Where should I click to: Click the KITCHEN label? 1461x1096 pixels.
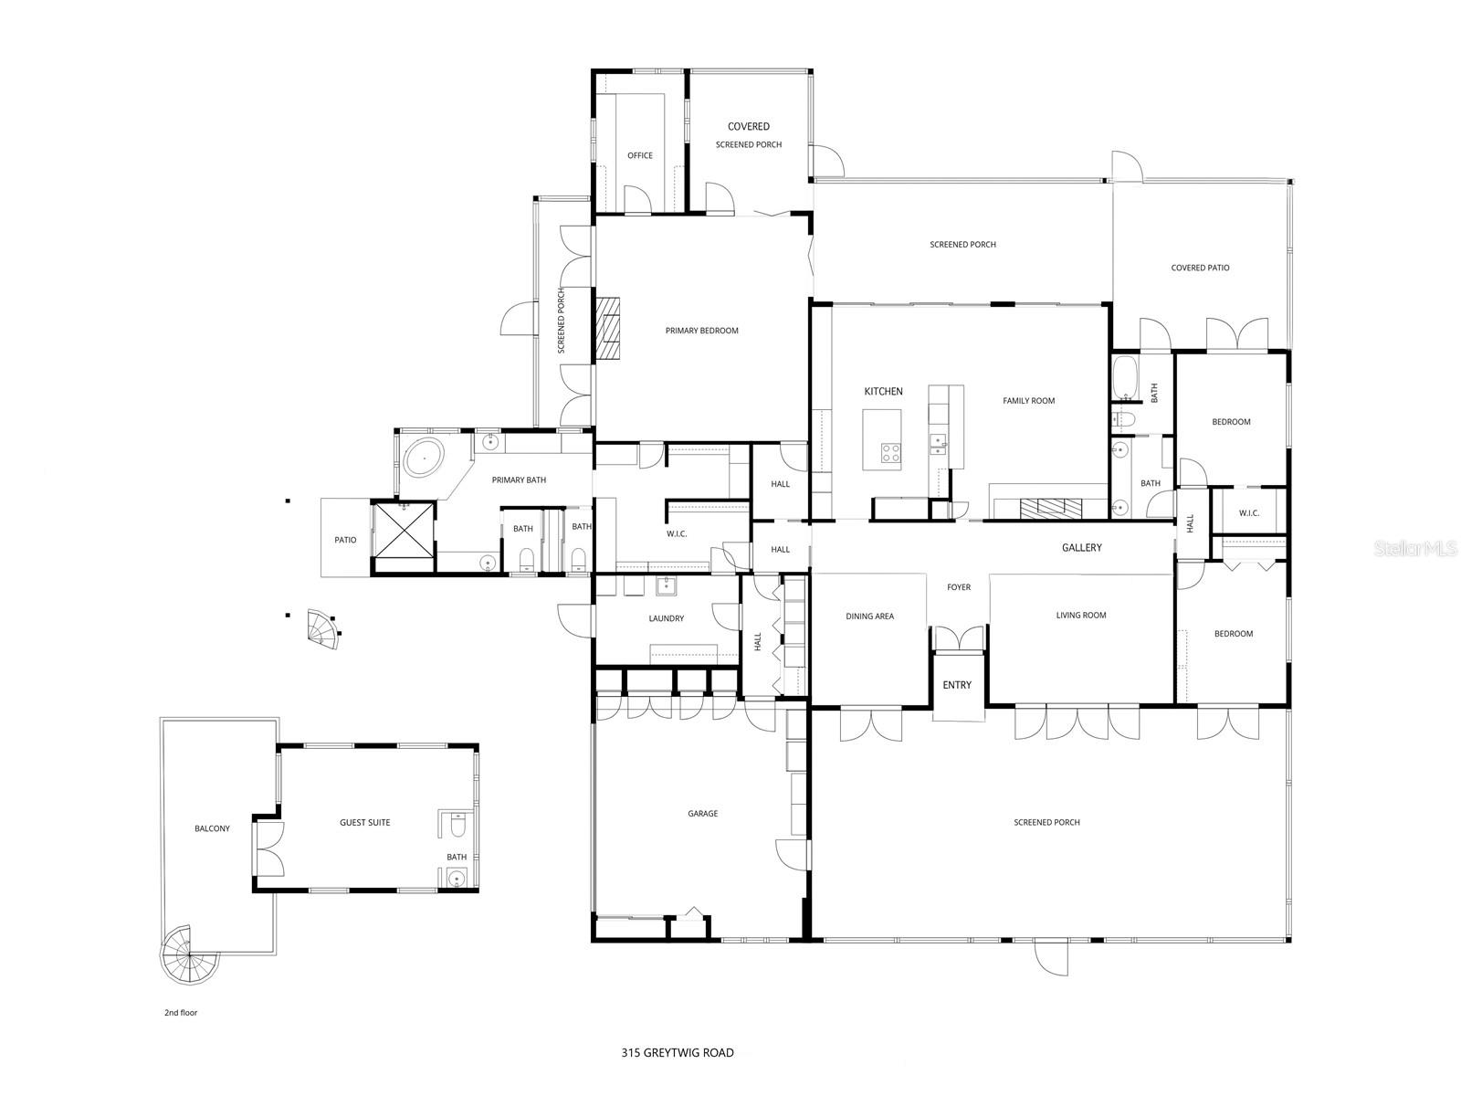(883, 391)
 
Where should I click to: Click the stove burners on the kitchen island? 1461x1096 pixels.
(890, 451)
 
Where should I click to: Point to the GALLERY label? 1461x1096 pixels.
(1081, 548)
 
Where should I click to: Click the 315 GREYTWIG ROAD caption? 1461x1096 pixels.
(677, 1053)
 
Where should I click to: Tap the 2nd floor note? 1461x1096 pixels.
(181, 1013)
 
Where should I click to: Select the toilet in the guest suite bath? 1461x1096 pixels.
(458, 827)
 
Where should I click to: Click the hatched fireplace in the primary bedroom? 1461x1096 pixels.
(607, 331)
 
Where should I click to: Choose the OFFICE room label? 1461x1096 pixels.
(640, 155)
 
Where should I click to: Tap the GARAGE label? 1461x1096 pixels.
(703, 814)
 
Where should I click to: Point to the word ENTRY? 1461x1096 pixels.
(957, 685)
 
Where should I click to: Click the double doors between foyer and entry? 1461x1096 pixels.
(958, 638)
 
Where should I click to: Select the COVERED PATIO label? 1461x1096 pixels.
(1200, 268)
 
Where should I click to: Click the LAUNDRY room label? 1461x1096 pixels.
(667, 618)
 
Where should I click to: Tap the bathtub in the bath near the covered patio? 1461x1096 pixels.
(1123, 377)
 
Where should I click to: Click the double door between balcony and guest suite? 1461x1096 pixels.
(270, 848)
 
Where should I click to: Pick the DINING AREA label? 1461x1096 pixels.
(869, 616)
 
